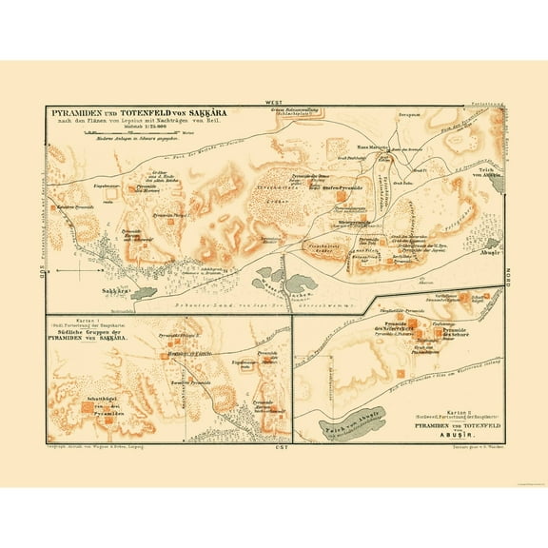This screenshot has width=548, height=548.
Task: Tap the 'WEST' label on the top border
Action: [276, 102]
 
